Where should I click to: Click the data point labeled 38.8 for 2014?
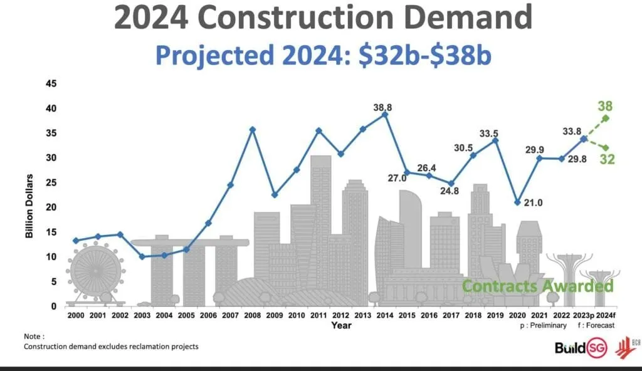pyautogui.click(x=385, y=115)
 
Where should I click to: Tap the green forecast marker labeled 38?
pyautogui.click(x=606, y=118)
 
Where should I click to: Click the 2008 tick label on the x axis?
pyautogui.click(x=253, y=315)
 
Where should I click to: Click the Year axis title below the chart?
pyautogui.click(x=341, y=325)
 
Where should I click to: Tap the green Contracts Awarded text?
pyautogui.click(x=537, y=286)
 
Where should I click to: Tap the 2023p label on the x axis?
pyautogui.click(x=583, y=315)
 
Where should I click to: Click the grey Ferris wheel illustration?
pyautogui.click(x=95, y=271)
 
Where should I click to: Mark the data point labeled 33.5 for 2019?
pyautogui.click(x=495, y=140)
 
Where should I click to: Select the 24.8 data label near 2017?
pyautogui.click(x=449, y=192)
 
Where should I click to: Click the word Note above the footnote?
pyautogui.click(x=34, y=337)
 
